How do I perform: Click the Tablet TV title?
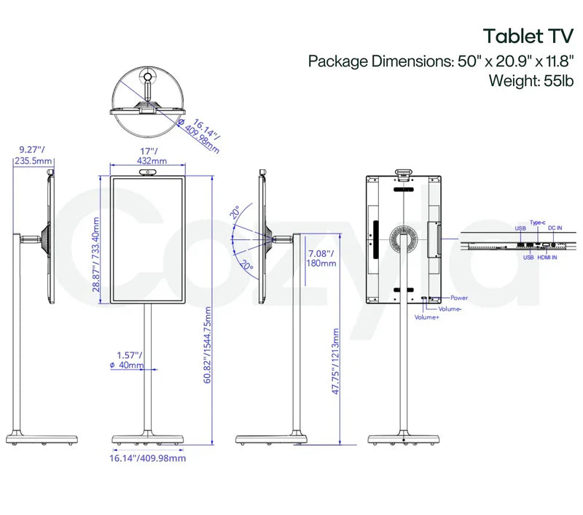pos(523,36)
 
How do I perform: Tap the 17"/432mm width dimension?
pos(147,156)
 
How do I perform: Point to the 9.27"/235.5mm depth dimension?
pos(34,156)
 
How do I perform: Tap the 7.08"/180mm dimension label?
pos(320,258)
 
